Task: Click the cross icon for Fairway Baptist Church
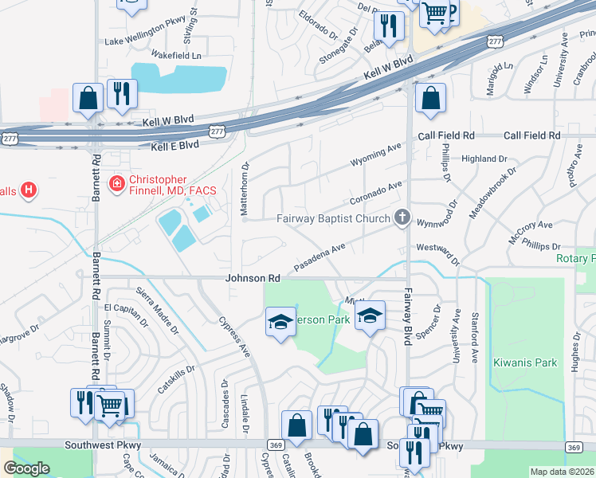[x=402, y=217]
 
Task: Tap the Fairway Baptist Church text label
[x=333, y=218]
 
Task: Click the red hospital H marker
[x=29, y=190]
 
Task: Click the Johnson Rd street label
[x=253, y=279]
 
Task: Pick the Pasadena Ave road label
[x=320, y=255]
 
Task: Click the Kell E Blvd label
[x=175, y=147]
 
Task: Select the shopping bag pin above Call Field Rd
[x=430, y=100]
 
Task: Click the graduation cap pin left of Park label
[x=280, y=323]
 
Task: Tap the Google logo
[x=25, y=468]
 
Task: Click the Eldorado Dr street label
[x=319, y=25]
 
